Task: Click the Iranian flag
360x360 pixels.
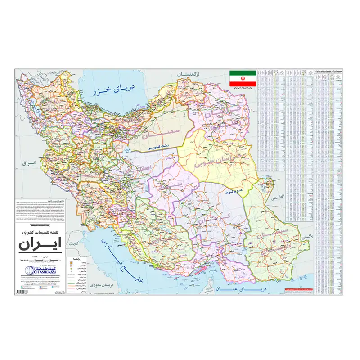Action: (243, 78)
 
